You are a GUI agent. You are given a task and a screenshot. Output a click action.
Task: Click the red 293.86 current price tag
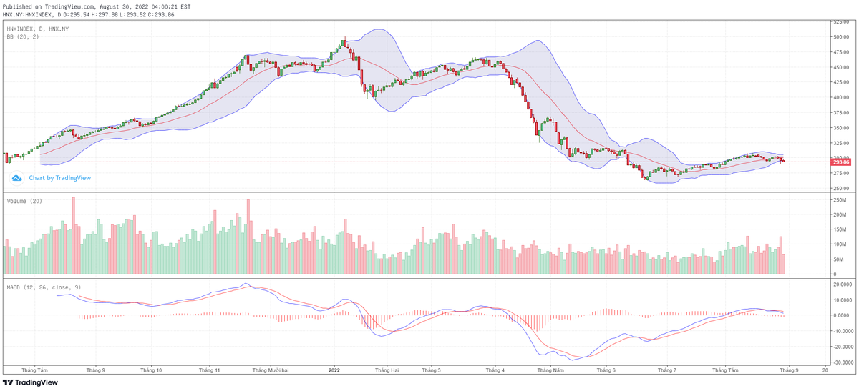tap(841, 162)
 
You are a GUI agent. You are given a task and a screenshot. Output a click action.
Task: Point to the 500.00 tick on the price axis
tap(840, 37)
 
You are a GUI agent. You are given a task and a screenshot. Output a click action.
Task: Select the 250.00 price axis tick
tap(840, 189)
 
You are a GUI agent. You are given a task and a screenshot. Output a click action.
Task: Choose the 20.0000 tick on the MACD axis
tap(842, 284)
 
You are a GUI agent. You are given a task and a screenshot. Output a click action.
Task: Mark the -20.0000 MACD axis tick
tap(842, 347)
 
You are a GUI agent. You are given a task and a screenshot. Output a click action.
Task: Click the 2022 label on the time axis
tap(334, 370)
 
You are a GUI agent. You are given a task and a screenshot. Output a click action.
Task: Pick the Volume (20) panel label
tap(24, 201)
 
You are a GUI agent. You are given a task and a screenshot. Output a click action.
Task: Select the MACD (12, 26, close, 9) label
tap(43, 287)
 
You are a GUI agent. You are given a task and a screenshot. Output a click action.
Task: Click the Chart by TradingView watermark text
tap(59, 178)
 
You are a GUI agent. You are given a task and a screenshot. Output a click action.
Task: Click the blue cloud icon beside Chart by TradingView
tap(16, 178)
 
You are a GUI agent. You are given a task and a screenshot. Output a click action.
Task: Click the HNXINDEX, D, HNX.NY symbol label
tap(37, 29)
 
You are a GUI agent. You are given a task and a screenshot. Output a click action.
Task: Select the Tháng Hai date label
tap(386, 370)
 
